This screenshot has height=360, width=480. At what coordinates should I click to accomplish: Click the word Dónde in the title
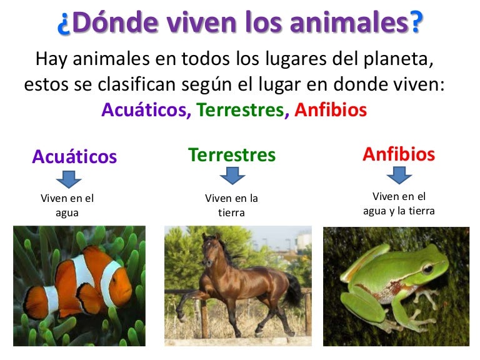(116, 24)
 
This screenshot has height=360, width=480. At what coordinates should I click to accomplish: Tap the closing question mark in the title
(414, 24)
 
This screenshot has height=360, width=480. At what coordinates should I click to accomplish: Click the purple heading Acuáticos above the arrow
(74, 156)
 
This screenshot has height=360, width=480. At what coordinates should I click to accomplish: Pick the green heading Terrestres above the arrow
(232, 154)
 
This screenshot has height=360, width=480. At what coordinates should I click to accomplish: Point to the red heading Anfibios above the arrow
(399, 154)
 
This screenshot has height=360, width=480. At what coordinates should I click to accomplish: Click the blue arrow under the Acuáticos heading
(69, 179)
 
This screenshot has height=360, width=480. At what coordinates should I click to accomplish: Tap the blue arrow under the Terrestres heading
(232, 176)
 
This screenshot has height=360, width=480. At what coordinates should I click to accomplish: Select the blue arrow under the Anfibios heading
(399, 176)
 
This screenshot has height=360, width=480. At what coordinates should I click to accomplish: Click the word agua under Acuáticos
(67, 212)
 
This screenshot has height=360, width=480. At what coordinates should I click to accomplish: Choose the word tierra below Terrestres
(231, 212)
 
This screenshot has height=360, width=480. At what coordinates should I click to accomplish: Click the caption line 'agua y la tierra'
(399, 211)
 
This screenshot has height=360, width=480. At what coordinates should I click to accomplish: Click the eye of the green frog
(427, 269)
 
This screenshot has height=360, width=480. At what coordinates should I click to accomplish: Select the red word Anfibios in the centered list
(331, 110)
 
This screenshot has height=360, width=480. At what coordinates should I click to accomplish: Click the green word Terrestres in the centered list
(240, 110)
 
